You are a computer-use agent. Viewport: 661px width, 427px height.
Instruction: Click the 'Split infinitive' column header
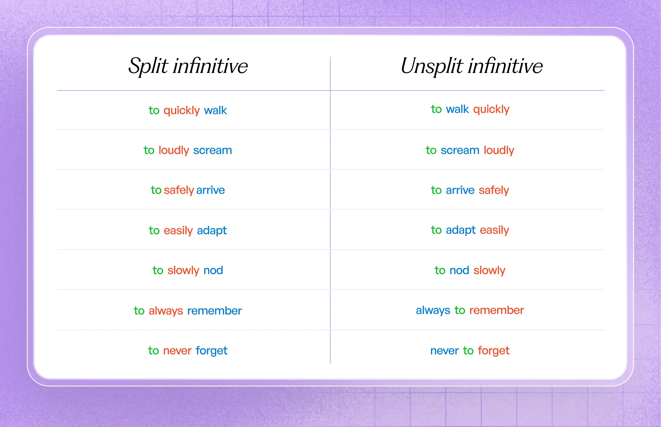coord(188,66)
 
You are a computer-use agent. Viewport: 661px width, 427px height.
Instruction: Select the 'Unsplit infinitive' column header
coord(471,66)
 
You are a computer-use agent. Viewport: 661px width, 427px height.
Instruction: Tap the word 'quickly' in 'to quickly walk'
coord(181,111)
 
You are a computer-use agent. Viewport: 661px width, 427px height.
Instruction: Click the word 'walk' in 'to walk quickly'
coord(457,109)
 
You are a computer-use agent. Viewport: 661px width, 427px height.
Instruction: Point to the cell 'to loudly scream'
coord(188,150)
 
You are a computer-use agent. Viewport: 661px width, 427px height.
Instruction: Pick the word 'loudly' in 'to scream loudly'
coord(499,150)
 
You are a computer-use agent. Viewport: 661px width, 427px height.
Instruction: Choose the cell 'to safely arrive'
coord(188,190)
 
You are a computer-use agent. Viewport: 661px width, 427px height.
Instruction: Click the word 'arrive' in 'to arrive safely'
coord(460,190)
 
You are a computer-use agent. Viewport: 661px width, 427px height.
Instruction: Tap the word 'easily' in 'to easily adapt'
coord(178,230)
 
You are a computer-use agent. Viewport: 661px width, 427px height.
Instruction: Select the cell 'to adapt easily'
coord(470,230)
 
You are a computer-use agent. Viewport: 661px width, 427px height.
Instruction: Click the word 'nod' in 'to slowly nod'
coord(213,270)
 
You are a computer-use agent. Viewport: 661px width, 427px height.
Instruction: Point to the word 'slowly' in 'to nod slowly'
coord(489,270)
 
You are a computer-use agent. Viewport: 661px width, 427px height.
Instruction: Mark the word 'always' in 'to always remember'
coord(166,311)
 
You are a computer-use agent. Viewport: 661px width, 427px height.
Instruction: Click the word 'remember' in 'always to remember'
coord(497,310)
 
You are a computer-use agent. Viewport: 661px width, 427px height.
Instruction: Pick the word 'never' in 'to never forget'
coord(177,350)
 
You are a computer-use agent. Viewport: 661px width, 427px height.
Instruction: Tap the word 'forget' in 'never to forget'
coord(493,350)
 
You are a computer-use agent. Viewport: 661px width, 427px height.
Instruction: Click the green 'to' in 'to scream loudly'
coord(431,150)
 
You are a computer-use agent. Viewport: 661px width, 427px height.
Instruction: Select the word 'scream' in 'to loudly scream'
coord(212,150)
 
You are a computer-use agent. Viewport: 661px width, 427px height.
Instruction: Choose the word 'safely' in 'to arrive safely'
coord(493,190)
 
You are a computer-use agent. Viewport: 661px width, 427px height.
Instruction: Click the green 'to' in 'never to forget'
coord(468,350)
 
